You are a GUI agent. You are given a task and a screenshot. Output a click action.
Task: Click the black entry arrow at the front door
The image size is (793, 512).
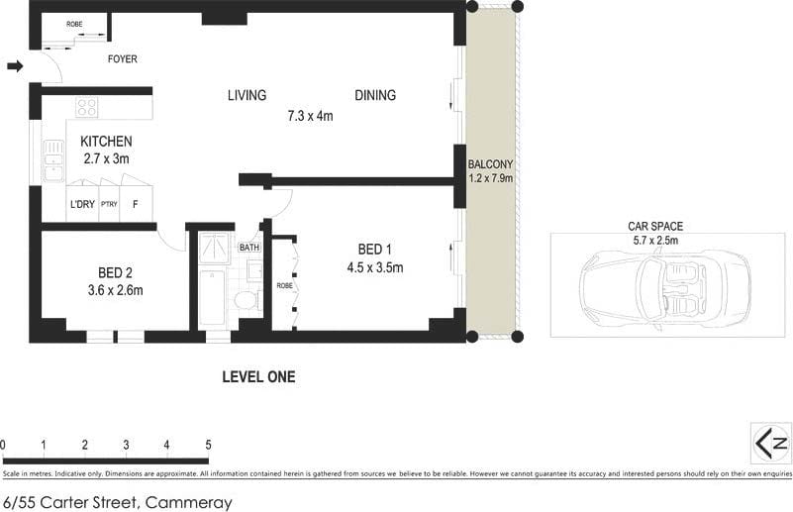pos(15,66)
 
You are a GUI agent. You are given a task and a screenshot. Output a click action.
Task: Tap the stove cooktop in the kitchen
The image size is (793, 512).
pos(87,107)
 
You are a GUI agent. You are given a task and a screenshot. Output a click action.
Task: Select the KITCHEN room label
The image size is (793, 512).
pos(106,142)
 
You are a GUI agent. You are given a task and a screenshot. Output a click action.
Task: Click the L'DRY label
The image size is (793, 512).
pos(81,205)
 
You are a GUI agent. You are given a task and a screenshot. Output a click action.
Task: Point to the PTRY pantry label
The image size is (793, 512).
pos(108,205)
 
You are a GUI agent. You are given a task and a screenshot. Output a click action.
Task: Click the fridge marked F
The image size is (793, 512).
pos(136,205)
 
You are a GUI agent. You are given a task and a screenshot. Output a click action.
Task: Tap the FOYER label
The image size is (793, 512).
pos(123,59)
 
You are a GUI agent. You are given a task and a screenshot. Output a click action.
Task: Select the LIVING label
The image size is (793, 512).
pos(247,96)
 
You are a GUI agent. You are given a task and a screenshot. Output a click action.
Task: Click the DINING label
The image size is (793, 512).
pos(375,96)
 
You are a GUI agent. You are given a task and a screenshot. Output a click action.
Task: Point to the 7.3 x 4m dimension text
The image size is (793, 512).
pos(310,116)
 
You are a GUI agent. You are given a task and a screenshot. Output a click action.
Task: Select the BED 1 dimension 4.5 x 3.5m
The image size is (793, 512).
pos(375,266)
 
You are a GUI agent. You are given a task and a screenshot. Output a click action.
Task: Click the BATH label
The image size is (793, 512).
pos(248,248)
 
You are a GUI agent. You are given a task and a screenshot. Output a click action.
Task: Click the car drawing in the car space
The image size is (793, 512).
pos(664,287)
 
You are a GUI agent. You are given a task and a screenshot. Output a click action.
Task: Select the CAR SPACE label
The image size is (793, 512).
pos(655,226)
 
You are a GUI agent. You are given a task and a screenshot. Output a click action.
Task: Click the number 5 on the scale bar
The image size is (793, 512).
pos(208,445)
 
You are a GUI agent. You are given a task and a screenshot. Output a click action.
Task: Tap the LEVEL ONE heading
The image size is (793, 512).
pos(258,376)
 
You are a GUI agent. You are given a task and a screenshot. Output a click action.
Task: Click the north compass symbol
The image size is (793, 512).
pos(770,442)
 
